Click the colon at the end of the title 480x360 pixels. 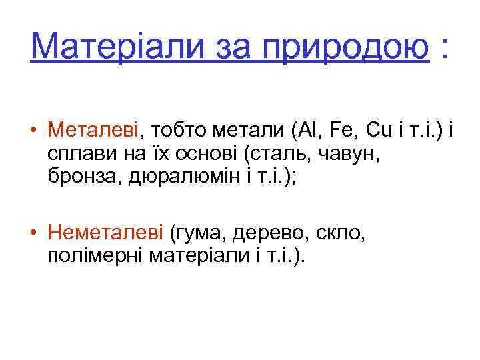click(x=443, y=48)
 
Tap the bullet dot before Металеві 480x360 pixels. click(x=33, y=131)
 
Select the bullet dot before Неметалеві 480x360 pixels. click(x=33, y=234)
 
